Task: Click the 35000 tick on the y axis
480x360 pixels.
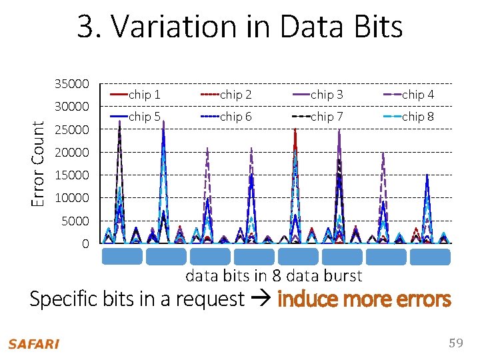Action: click(71, 84)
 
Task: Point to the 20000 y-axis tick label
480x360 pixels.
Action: click(71, 153)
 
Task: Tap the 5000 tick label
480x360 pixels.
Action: click(75, 221)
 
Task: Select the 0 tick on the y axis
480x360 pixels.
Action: click(85, 244)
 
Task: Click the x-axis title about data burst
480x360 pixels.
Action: click(273, 275)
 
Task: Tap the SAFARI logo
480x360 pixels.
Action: click(33, 344)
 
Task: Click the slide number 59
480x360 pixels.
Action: click(456, 343)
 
